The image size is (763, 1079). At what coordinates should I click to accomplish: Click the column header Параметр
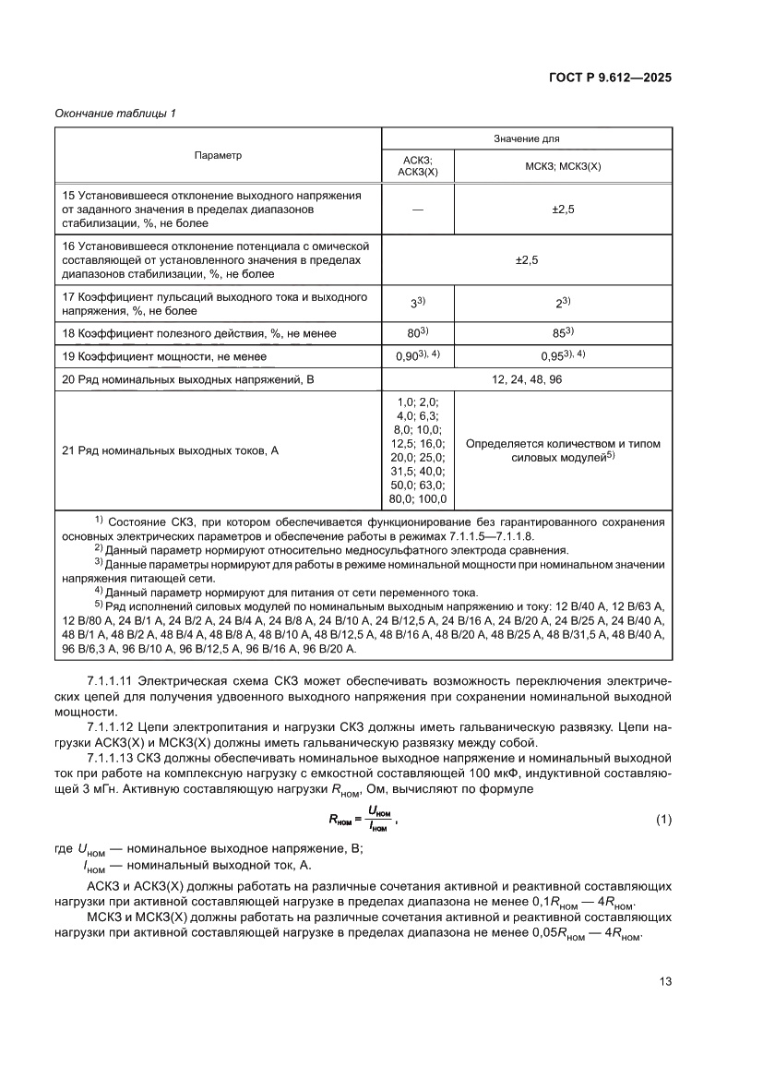click(218, 155)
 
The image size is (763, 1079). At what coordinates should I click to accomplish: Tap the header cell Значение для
click(526, 138)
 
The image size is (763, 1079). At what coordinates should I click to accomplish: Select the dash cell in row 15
click(418, 210)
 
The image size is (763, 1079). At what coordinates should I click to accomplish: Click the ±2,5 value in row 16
click(526, 260)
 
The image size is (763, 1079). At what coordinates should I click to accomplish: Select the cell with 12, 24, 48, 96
click(526, 379)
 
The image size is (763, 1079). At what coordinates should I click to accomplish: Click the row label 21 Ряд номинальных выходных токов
click(170, 450)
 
